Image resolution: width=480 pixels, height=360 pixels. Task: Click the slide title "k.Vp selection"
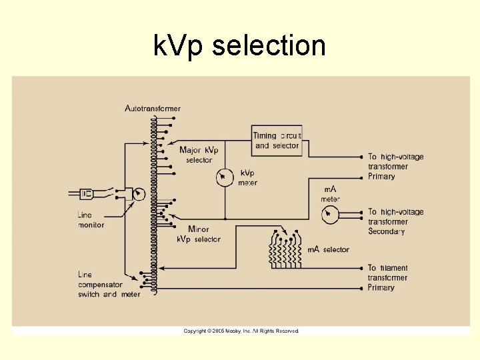coord(239,47)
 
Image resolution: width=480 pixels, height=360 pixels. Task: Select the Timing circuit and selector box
coord(277,141)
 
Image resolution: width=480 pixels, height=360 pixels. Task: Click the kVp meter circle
coord(225,177)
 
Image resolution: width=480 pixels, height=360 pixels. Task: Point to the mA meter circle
coord(329,214)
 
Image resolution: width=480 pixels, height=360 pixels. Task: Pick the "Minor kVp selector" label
coord(199,234)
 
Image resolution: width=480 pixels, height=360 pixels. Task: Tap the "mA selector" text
coord(328,250)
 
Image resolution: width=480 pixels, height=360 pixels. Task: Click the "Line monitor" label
coord(91,220)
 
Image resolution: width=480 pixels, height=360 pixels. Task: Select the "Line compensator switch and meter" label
coord(109,284)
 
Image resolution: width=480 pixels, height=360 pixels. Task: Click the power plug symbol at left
coord(85,194)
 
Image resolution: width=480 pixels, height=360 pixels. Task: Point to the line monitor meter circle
coord(138,194)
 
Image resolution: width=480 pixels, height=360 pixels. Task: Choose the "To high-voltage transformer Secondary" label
coord(396,222)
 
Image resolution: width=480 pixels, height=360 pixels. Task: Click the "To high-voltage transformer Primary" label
coord(396,167)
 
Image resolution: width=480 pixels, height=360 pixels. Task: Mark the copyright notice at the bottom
coord(241,331)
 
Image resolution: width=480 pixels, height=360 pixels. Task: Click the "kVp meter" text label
coord(247,178)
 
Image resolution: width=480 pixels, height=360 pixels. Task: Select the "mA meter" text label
coord(331,194)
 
